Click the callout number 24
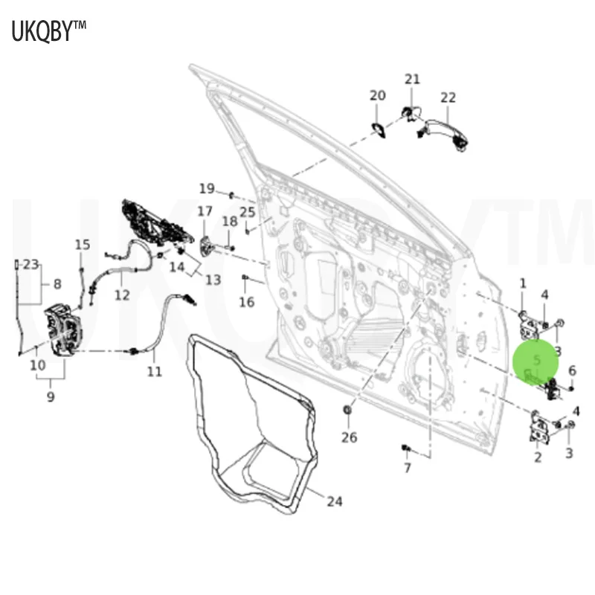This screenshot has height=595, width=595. click(x=335, y=501)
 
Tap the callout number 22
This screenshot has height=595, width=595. click(x=448, y=97)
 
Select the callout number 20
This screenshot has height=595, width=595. click(x=378, y=94)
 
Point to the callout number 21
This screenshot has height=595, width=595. click(x=412, y=79)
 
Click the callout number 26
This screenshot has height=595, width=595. click(x=350, y=437)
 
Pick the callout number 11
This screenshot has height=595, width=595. click(x=154, y=371)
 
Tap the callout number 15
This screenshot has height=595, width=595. click(x=82, y=244)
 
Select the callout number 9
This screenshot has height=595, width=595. click(x=51, y=396)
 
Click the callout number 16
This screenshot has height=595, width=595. click(x=246, y=302)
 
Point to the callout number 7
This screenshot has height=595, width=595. click(x=407, y=467)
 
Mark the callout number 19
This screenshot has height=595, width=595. click(x=206, y=188)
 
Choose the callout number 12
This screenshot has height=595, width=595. click(x=122, y=295)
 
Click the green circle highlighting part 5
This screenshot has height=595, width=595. click(x=535, y=361)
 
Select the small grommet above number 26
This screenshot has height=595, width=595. click(x=347, y=410)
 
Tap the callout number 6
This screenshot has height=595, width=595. click(x=572, y=370)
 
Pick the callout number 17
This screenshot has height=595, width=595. click(x=205, y=212)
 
